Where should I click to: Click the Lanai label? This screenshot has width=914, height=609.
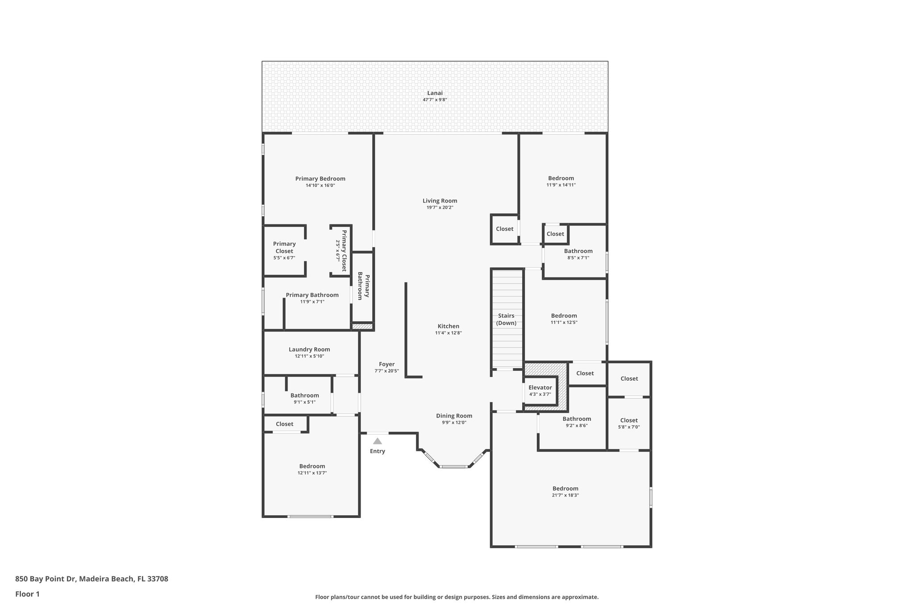434,93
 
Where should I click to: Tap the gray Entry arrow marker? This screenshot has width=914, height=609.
378,441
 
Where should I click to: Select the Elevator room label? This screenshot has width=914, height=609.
540,388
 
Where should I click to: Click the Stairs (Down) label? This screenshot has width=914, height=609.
506,319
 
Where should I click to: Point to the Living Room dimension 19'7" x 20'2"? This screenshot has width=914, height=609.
440,207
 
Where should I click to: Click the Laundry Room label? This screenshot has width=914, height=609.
309,350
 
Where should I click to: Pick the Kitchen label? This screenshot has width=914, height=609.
448,326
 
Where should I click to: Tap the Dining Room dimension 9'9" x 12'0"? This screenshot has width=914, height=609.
454,423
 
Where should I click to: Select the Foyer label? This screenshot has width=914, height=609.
386,365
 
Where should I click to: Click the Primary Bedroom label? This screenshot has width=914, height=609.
320,179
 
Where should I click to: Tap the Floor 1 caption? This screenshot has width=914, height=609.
28,594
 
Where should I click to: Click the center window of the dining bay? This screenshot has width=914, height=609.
453,467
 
